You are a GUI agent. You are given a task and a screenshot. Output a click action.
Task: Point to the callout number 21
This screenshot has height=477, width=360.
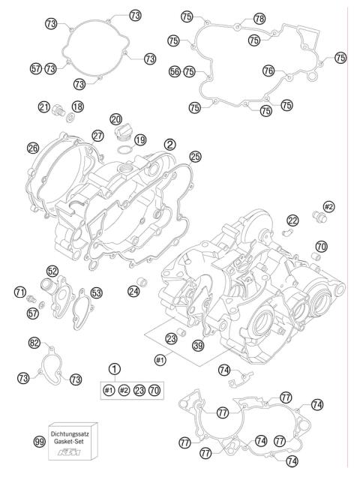(44, 107)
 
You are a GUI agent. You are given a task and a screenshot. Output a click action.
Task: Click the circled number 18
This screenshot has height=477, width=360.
(78, 107)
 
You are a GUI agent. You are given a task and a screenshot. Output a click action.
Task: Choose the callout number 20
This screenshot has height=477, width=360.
(115, 119)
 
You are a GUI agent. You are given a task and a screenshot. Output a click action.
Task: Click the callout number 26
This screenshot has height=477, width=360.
(32, 148)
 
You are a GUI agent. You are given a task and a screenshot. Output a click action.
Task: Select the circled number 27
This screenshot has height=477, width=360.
(97, 136)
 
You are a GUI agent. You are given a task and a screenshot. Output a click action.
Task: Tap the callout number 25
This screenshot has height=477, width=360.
(195, 157)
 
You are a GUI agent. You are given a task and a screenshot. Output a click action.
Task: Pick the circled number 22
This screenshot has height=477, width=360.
(292, 220)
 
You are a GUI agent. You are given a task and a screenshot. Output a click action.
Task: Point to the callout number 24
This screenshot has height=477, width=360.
(136, 290)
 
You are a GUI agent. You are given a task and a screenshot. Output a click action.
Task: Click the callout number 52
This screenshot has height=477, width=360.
(52, 271)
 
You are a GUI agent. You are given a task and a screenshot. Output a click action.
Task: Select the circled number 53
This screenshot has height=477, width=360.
(96, 292)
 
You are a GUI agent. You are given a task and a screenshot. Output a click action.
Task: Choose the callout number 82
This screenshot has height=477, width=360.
(34, 343)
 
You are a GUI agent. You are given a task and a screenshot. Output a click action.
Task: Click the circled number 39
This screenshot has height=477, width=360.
(198, 344)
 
